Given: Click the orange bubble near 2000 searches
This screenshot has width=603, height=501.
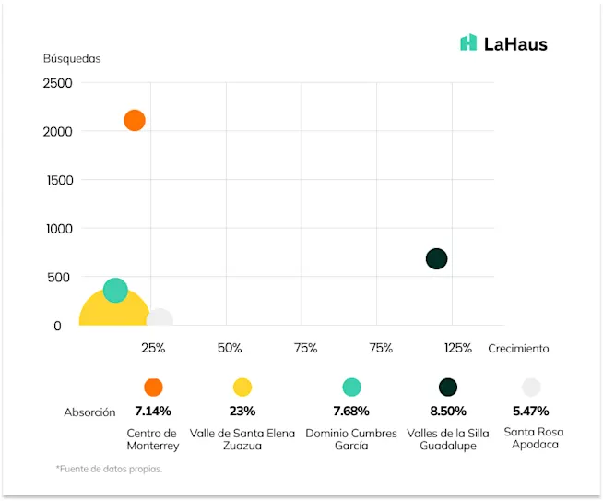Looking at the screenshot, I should pyautogui.click(x=135, y=120).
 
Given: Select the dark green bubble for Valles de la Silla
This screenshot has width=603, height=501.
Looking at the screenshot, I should pyautogui.click(x=436, y=259).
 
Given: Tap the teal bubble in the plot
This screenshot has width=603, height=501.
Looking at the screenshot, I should pyautogui.click(x=115, y=291).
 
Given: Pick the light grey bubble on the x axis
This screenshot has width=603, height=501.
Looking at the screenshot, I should pyautogui.click(x=160, y=319).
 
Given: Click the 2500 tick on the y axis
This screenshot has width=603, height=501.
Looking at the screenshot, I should pyautogui.click(x=57, y=83).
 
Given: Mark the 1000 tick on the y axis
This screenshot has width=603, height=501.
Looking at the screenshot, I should pyautogui.click(x=57, y=229).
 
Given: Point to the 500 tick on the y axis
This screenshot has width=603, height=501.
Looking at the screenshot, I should pyautogui.click(x=60, y=277).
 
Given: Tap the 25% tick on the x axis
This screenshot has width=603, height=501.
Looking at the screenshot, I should pyautogui.click(x=153, y=348).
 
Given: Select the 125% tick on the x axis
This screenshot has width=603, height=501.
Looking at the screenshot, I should pyautogui.click(x=457, y=348).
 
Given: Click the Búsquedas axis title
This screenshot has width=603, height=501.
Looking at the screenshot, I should pyautogui.click(x=72, y=58).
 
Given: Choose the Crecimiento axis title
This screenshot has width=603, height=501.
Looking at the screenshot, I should pyautogui.click(x=518, y=348).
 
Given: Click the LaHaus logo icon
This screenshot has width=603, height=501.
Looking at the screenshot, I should pyautogui.click(x=468, y=42).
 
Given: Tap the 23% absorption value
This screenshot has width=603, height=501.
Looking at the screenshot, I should pyautogui.click(x=242, y=411).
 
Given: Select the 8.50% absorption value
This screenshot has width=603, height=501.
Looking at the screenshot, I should pyautogui.click(x=448, y=411).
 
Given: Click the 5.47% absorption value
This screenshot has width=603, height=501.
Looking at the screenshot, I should pyautogui.click(x=531, y=411).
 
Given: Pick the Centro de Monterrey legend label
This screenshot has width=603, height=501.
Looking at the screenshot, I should pyautogui.click(x=153, y=439).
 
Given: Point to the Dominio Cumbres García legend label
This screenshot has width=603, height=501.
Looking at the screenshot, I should pyautogui.click(x=351, y=439).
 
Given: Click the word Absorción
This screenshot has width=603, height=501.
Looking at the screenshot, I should pyautogui.click(x=89, y=412).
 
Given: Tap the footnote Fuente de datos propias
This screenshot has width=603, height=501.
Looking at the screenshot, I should pyautogui.click(x=109, y=470).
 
